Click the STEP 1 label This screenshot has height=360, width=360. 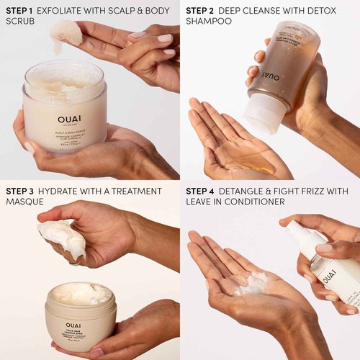coord(19,11)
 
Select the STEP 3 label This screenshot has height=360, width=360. coord(19,191)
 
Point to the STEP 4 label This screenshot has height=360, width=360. coord(201,191)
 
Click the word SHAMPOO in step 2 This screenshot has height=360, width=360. coord(209,22)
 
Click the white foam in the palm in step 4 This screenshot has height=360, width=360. coord(251,282)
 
